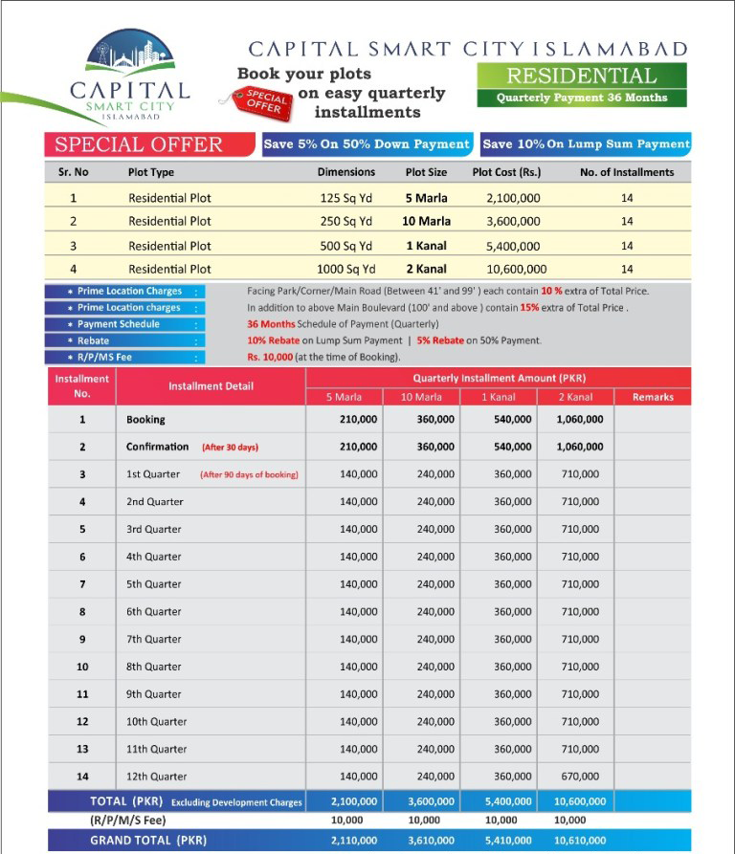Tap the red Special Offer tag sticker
[x=262, y=101]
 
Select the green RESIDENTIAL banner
[x=581, y=77]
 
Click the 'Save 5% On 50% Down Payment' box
[x=367, y=144]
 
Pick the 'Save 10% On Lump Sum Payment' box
[x=586, y=144]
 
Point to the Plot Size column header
[x=426, y=172]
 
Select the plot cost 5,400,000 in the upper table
[x=513, y=246]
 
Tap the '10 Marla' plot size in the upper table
[x=426, y=222]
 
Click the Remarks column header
[x=652, y=397]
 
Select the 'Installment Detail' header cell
[x=211, y=386]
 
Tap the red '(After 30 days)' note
[x=230, y=448]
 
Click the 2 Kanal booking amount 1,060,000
[x=579, y=420]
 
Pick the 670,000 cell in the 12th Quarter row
[x=579, y=777]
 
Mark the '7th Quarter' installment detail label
[x=153, y=639]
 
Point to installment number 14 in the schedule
[x=82, y=777]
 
